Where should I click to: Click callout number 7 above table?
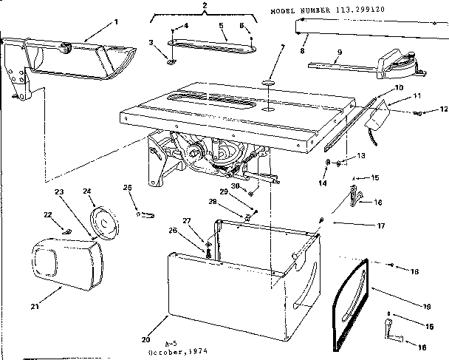[x=281, y=48]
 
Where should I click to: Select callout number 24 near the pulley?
[x=88, y=191]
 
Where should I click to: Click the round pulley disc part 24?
[x=103, y=224]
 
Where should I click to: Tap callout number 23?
[x=60, y=191]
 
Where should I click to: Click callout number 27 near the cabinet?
[x=187, y=220]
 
